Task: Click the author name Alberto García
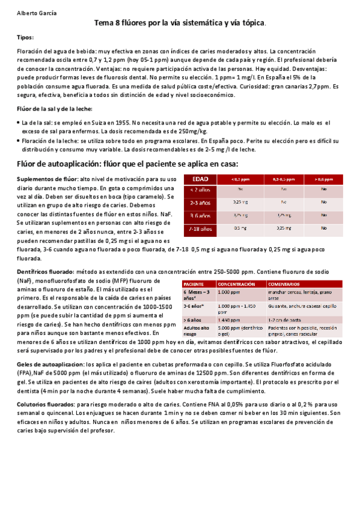coord(33,11)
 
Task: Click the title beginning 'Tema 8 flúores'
coord(180,23)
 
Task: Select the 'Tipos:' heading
coord(25,37)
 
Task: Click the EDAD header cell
coord(200,179)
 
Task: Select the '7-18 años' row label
coord(200,229)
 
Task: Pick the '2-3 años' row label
coord(200,203)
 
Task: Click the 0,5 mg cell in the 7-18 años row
coord(240,229)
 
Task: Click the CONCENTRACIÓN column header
coord(235,283)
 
